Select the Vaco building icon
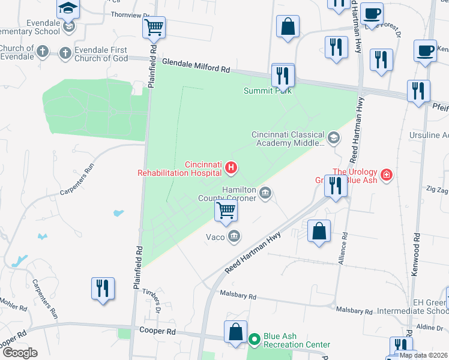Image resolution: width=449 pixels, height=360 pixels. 234,236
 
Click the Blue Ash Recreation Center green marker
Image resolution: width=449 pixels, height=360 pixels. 254,340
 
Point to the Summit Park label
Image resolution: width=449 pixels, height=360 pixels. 267,91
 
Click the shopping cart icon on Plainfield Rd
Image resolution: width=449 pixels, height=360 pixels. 154,27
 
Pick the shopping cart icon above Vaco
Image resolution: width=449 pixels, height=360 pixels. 226,210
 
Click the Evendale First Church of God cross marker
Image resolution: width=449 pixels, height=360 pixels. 65,53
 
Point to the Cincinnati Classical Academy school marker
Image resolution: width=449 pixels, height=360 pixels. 334,139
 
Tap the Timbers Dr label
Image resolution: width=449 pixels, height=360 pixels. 154,300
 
